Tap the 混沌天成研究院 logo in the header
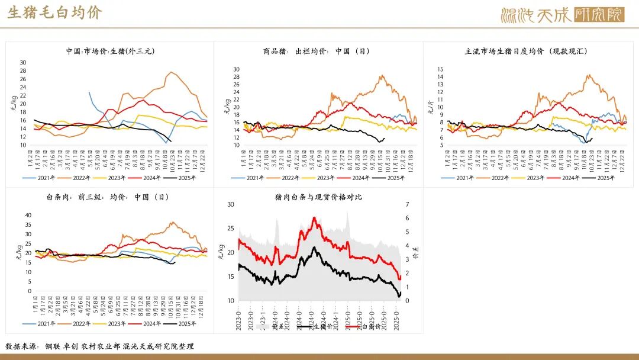click(562, 14)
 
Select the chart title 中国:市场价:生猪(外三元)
click(111, 52)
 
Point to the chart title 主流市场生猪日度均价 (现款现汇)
click(526, 52)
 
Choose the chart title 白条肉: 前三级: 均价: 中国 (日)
click(111, 197)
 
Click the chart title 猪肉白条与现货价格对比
click(318, 197)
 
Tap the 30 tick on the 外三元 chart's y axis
click(23, 62)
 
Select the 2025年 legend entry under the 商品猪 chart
click(395, 178)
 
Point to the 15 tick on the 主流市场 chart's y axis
click(440, 69)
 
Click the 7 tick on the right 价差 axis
click(407, 204)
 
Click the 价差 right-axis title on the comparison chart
click(416, 253)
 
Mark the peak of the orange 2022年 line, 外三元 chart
click(171, 72)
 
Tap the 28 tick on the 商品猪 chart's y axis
click(235, 77)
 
